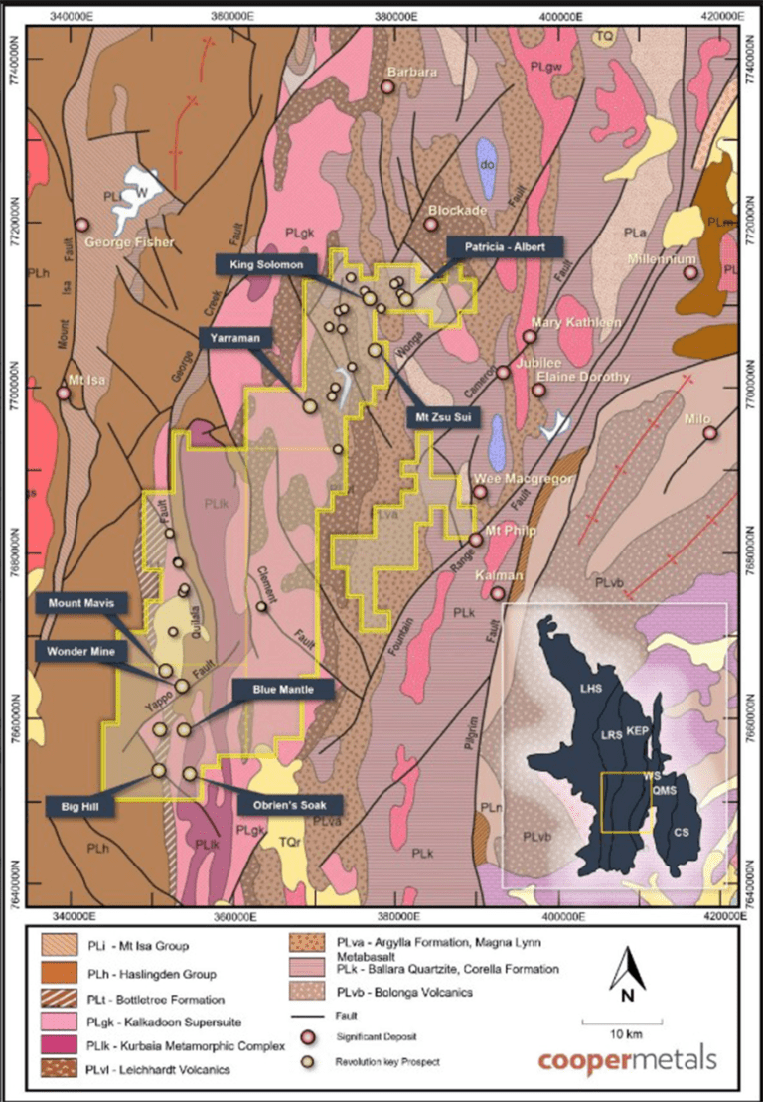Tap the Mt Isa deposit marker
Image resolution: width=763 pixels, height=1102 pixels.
point(65,393)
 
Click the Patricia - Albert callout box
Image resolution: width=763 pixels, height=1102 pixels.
point(505,247)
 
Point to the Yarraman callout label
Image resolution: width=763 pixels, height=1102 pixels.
point(235,337)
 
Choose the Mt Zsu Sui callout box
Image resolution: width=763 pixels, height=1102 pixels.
point(442,418)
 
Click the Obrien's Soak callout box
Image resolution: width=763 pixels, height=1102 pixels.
point(291,803)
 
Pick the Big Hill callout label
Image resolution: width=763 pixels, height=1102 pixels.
point(81,803)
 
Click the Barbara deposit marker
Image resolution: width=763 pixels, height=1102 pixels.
point(387,87)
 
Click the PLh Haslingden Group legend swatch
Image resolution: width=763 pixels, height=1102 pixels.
point(65,974)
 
